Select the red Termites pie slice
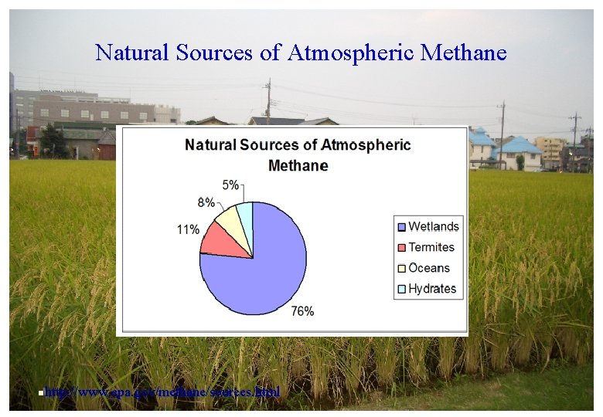220,241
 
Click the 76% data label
302,311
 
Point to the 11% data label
188,229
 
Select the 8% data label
206,202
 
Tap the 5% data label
230,185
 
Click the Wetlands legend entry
428,226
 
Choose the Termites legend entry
425,247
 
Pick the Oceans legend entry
423,268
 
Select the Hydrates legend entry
426,289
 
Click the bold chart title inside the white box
298,154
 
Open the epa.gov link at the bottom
162,392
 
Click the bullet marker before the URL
40,393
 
